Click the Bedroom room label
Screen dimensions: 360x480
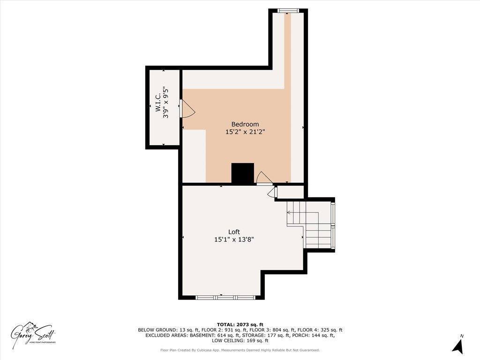[x=245, y=124]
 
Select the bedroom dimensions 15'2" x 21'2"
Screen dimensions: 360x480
[x=245, y=132]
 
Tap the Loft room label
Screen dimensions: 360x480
[x=234, y=232]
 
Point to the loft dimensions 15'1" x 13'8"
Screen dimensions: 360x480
[x=234, y=240]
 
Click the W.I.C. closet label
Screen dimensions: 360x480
[x=158, y=102]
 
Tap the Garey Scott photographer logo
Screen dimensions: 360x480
[x=34, y=335]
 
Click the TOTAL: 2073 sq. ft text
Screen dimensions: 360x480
[x=240, y=324]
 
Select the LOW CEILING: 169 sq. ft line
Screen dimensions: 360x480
[x=240, y=341]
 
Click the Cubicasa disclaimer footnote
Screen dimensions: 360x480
[x=240, y=350]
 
